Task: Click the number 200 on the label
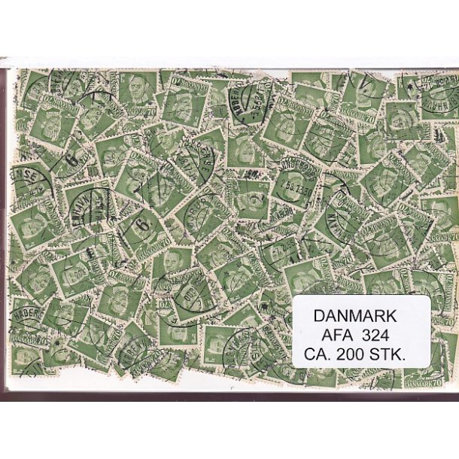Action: tap(358, 351)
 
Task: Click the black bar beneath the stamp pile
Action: tap(229, 397)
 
